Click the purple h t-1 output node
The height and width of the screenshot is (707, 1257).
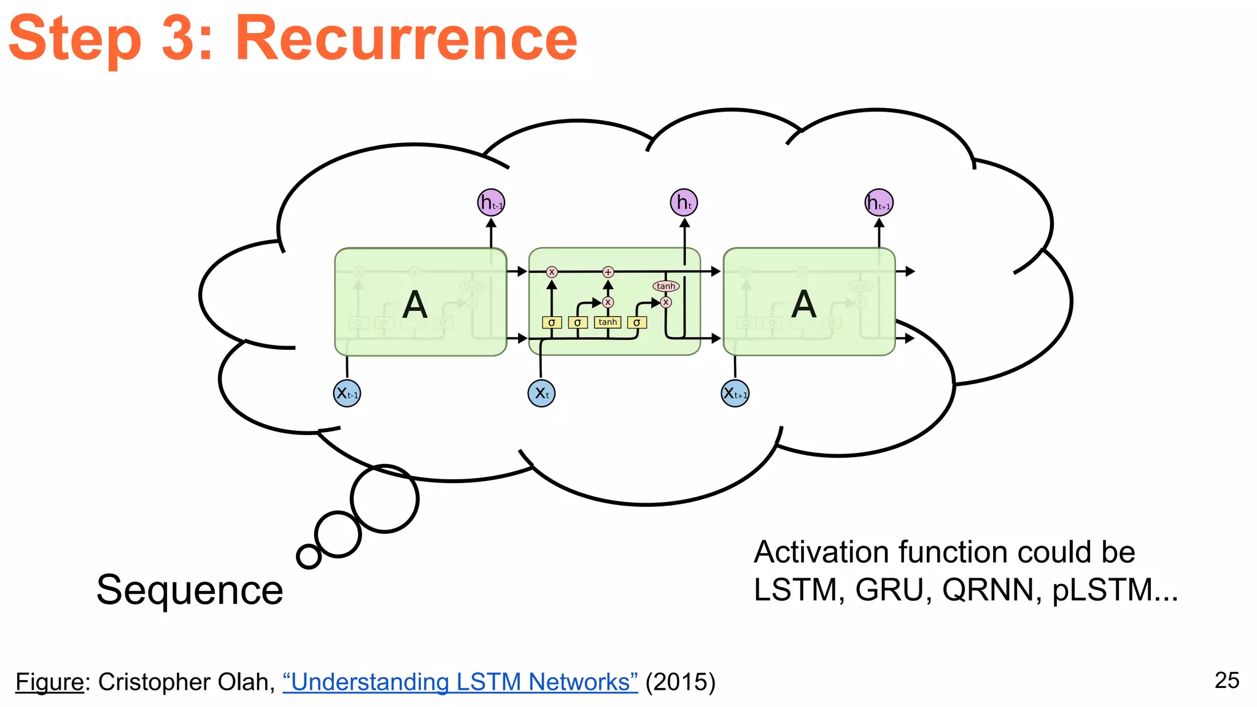coord(491,203)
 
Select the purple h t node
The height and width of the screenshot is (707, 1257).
coord(684,203)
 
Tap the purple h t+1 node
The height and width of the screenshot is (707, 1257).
coord(879,203)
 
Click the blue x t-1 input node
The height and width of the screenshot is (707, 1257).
coord(347,393)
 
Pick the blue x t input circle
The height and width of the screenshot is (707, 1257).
coord(541,393)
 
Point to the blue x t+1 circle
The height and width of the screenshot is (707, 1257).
coord(735,393)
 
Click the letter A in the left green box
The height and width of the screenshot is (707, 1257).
coord(415,304)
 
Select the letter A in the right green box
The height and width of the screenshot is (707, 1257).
coord(804,304)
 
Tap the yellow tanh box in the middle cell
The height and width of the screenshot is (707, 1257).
coord(608,322)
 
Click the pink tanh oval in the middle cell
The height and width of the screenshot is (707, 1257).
coord(666,286)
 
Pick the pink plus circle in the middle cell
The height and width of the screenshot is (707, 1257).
coord(608,272)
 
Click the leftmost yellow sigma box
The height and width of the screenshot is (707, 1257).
coord(551,322)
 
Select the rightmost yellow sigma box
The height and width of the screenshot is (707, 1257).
coord(636,322)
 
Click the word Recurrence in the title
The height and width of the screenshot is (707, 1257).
coord(406,39)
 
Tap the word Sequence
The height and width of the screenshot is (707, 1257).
coord(190,590)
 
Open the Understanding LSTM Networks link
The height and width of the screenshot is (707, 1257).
coord(460,682)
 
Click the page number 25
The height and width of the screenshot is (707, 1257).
coord(1226,680)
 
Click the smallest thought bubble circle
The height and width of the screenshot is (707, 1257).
coord(309,557)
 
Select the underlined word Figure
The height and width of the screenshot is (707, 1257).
coord(49,682)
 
